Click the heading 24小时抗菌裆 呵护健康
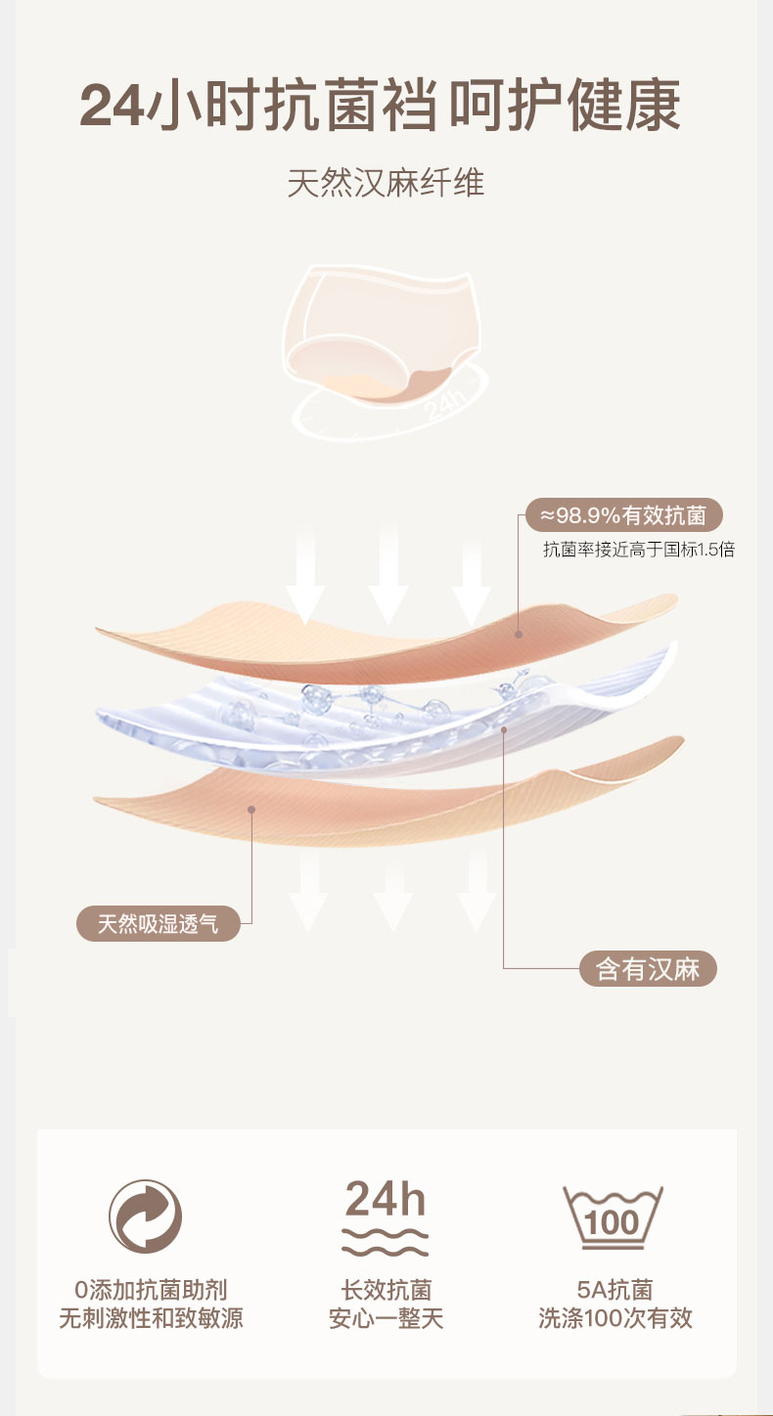click(x=380, y=108)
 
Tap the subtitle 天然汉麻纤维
click(x=386, y=183)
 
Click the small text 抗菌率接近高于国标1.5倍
click(x=638, y=550)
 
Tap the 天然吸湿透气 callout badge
click(x=159, y=923)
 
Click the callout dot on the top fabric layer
click(x=518, y=635)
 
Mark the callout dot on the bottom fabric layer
click(x=251, y=809)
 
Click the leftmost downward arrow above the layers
click(x=305, y=577)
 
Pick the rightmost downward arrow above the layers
click(x=471, y=577)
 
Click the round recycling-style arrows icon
click(x=145, y=1217)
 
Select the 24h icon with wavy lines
click(x=386, y=1217)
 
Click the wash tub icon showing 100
click(x=614, y=1218)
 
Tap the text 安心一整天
click(x=386, y=1318)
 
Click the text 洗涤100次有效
click(x=614, y=1318)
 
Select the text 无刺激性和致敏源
click(x=151, y=1318)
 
